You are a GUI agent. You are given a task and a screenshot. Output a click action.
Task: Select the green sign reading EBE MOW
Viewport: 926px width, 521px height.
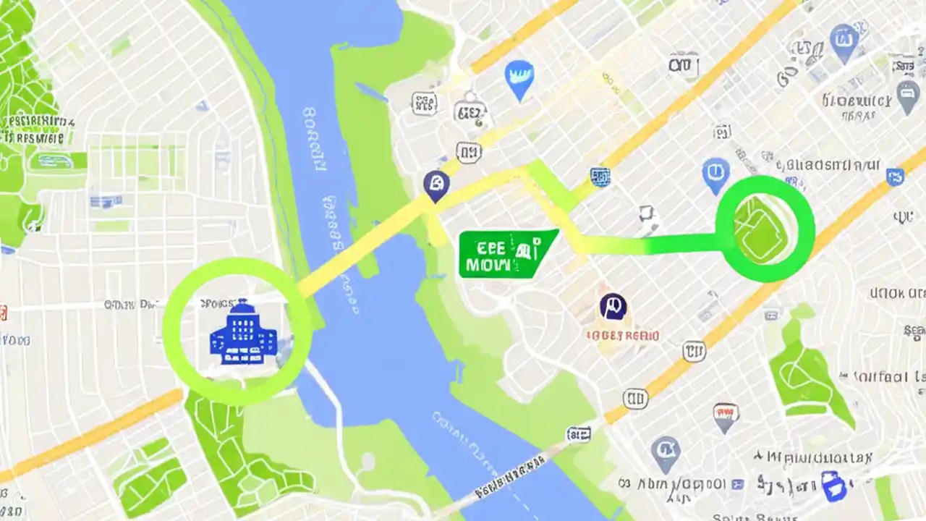[x=506, y=254]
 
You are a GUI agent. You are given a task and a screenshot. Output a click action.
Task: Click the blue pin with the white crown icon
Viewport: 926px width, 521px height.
[x=519, y=78]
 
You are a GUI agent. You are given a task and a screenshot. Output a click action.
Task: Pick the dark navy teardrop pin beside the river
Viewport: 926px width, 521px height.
[x=436, y=186]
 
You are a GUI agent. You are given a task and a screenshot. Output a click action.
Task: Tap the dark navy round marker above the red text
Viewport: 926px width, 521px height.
[x=613, y=308]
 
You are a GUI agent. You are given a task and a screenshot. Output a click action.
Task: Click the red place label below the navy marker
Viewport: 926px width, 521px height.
[x=622, y=336]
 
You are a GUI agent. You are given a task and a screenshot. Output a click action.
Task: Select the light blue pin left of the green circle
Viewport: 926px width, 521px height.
[x=715, y=175]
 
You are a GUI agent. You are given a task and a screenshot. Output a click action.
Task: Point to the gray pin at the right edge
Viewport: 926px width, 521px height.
[x=908, y=96]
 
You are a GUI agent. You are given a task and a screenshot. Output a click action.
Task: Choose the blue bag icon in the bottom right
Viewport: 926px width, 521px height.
[x=833, y=485]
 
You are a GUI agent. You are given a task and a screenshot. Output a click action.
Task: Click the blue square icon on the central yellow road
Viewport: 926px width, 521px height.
[x=600, y=176]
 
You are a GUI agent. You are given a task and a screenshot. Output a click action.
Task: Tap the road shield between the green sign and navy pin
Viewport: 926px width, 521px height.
[x=469, y=152]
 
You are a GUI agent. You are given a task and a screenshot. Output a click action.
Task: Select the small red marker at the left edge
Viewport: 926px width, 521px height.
[x=3, y=313]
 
